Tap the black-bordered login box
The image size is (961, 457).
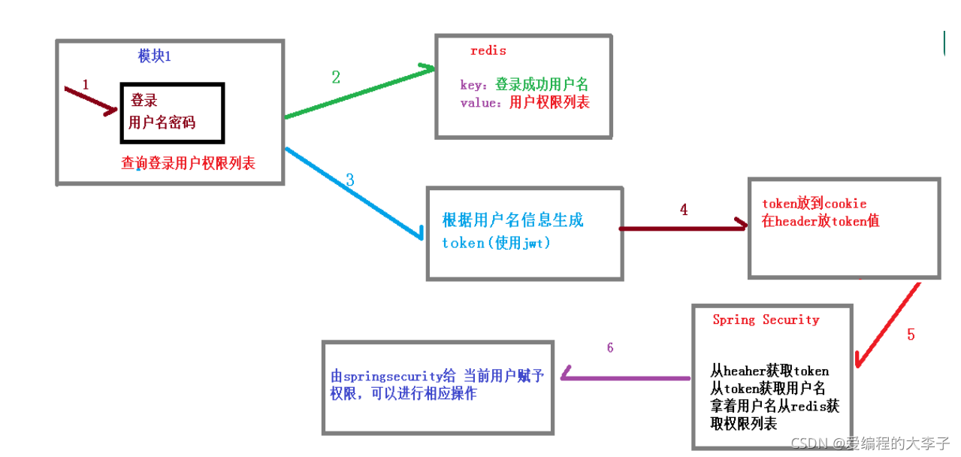(x=172, y=113)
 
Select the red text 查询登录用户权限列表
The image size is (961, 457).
(x=188, y=162)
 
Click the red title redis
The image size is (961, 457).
(x=488, y=51)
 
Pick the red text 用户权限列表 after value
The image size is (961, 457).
(x=549, y=102)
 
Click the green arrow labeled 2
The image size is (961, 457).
(x=359, y=93)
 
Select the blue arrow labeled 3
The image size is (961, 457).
(x=353, y=191)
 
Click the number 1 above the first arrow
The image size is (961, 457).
(x=85, y=85)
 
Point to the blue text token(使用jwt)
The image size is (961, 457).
(x=496, y=244)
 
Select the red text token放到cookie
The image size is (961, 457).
(x=814, y=204)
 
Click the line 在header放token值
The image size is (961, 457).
(x=820, y=221)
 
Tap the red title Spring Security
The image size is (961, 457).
(x=766, y=320)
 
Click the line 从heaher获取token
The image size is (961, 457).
(x=769, y=371)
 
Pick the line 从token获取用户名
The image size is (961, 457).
(x=768, y=388)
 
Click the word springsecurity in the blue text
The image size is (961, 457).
(x=392, y=377)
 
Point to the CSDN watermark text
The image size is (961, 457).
(x=871, y=443)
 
